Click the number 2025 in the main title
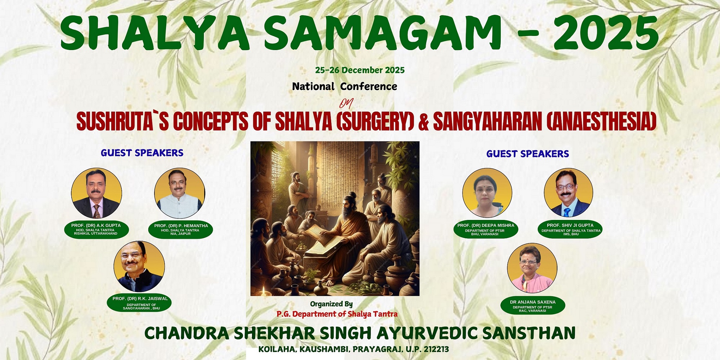click(606, 33)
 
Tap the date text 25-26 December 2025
click(360, 70)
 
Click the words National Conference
click(345, 86)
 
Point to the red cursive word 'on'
click(346, 103)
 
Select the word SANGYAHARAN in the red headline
click(488, 121)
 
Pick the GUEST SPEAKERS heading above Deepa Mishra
click(528, 154)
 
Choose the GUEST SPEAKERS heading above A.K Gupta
click(142, 153)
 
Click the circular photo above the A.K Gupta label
click(96, 193)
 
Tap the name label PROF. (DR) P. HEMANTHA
click(181, 230)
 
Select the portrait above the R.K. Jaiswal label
click(139, 266)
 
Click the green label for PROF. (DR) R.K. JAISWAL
click(139, 303)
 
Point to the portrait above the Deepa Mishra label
click(487, 193)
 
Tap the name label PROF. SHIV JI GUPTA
click(570, 229)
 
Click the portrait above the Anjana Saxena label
click(532, 268)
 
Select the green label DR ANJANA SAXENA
click(533, 306)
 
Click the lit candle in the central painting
click(265, 291)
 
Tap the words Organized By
click(332, 304)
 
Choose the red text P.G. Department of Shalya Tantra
click(337, 314)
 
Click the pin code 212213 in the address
click(436, 349)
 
